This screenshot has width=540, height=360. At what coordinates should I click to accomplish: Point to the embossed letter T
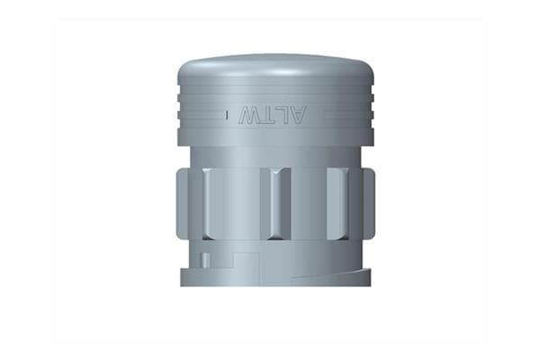[x=266, y=115]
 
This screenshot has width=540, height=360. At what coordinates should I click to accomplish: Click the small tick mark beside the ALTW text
[x=224, y=115]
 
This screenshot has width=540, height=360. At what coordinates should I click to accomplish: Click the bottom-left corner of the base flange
[x=183, y=283]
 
